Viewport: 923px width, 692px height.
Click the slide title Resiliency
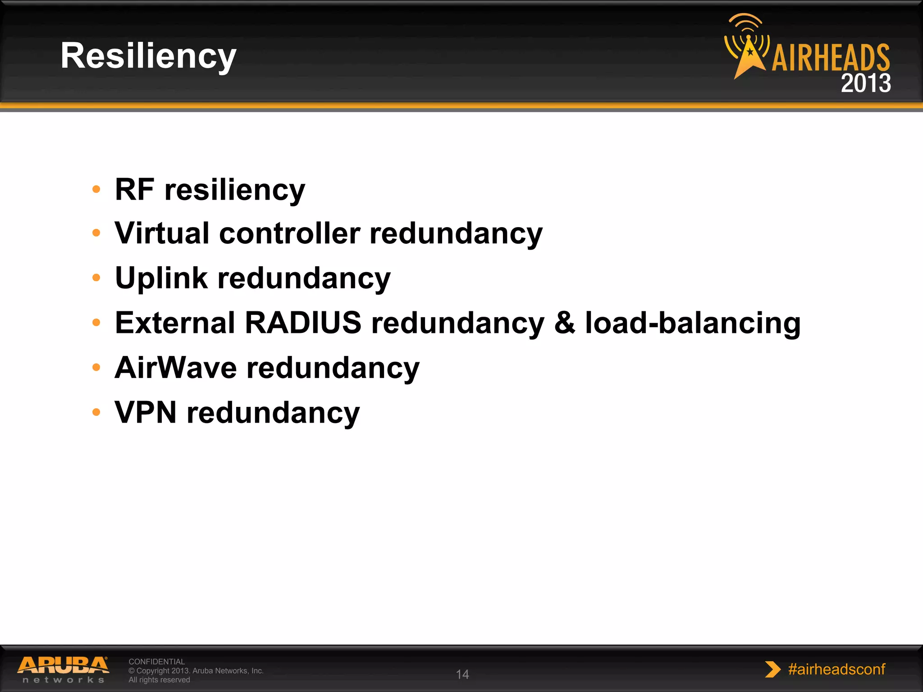(148, 56)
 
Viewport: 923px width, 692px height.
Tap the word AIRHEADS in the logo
(831, 58)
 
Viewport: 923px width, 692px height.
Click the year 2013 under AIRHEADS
(865, 83)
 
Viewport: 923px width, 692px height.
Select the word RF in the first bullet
(134, 189)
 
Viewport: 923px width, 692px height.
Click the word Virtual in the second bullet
(162, 233)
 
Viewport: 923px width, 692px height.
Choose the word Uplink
(161, 278)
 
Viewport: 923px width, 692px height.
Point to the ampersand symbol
(565, 323)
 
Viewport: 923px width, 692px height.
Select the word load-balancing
(693, 323)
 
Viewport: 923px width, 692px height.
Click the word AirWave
(176, 368)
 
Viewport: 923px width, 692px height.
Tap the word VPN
(145, 412)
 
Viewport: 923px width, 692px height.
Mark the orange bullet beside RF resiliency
(96, 189)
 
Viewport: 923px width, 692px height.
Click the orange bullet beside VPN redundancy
(96, 412)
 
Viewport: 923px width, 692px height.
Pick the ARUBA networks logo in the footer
(64, 669)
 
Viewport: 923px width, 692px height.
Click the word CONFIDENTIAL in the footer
(156, 661)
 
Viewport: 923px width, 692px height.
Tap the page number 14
(462, 674)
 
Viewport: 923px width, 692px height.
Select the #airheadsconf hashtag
(836, 669)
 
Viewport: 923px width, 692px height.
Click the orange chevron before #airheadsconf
(772, 669)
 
